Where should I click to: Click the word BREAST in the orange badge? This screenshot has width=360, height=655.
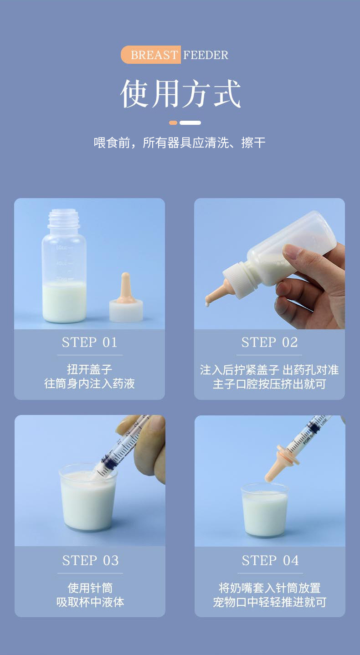click(x=154, y=55)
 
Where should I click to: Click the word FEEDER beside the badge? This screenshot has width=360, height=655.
click(x=206, y=55)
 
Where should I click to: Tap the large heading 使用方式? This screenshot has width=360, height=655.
click(x=180, y=93)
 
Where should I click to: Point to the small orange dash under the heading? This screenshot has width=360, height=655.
click(x=173, y=123)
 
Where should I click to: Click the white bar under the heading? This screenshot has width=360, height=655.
click(x=190, y=123)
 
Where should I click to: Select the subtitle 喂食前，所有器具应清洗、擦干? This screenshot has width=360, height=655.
click(x=180, y=143)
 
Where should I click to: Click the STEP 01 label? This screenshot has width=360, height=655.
click(x=89, y=343)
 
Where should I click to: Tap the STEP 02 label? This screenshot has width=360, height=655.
click(x=269, y=343)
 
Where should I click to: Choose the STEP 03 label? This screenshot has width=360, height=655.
click(x=90, y=561)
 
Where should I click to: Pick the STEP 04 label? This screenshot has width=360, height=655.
click(x=270, y=561)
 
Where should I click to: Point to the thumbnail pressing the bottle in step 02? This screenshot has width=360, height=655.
click(x=293, y=251)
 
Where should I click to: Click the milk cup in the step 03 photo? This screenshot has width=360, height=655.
click(x=88, y=497)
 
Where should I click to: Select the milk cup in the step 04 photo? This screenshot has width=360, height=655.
click(x=265, y=510)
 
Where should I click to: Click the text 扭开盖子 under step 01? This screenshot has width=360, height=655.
click(x=89, y=369)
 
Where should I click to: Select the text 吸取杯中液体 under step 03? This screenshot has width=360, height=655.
click(x=90, y=602)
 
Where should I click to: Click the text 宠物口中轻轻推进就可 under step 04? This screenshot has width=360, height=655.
click(x=270, y=602)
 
